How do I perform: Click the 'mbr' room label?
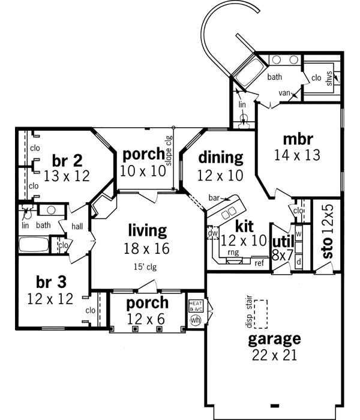click(298, 139)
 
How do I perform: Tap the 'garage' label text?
click(275, 339)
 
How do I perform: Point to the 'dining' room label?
click(221, 157)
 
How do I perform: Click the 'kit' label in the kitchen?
click(245, 226)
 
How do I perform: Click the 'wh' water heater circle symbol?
click(195, 320)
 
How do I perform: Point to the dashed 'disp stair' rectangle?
click(260, 314)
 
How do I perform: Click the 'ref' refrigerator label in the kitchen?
click(259, 263)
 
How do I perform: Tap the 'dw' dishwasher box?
click(212, 232)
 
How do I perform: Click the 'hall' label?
click(77, 226)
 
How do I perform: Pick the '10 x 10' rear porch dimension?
click(143, 171)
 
